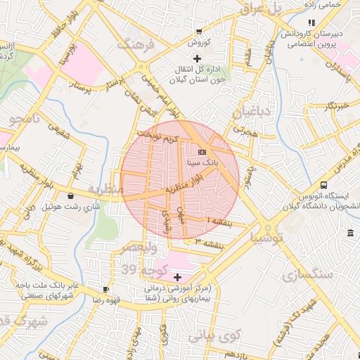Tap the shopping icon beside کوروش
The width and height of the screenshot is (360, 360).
[200, 31]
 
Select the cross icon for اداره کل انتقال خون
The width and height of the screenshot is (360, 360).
[197, 58]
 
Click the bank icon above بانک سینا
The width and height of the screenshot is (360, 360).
[202, 152]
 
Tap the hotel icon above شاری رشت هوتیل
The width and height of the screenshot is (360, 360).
[71, 195]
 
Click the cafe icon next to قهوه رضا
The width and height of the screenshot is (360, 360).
[105, 289]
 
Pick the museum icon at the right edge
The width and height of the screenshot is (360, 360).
[350, 233]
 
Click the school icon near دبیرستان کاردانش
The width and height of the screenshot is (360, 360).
[311, 23]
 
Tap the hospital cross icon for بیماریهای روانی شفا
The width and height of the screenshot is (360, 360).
[177, 278]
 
